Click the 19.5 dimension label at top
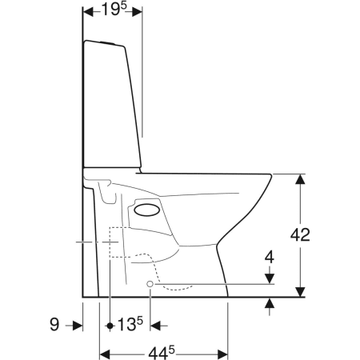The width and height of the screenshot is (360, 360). [114, 10]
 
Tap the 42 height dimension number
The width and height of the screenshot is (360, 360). [300, 235]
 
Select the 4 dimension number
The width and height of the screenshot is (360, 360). [270, 258]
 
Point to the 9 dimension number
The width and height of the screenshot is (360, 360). [54, 325]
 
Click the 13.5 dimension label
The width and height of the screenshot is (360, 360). [130, 324]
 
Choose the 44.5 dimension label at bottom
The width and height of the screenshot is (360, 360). [162, 353]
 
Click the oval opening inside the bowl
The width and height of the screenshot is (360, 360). [147, 210]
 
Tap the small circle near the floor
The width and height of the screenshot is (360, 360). [150, 284]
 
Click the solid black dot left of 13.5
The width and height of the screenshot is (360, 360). [110, 326]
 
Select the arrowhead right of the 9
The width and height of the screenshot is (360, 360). [78, 326]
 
